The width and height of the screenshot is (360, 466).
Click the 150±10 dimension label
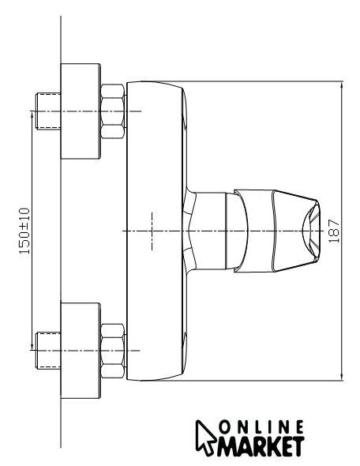tap(24, 231)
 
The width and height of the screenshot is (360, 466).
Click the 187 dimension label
tap(334, 231)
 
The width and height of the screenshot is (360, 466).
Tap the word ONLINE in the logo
tap(261, 427)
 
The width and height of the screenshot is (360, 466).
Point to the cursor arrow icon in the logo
tap(205, 438)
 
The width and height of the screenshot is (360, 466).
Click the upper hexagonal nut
tap(113, 111)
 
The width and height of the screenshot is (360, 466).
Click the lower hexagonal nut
tap(113, 351)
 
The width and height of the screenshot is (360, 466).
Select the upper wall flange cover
tap(81, 111)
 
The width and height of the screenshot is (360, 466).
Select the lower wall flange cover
tap(81, 351)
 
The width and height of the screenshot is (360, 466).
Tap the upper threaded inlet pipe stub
tap(48, 111)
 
